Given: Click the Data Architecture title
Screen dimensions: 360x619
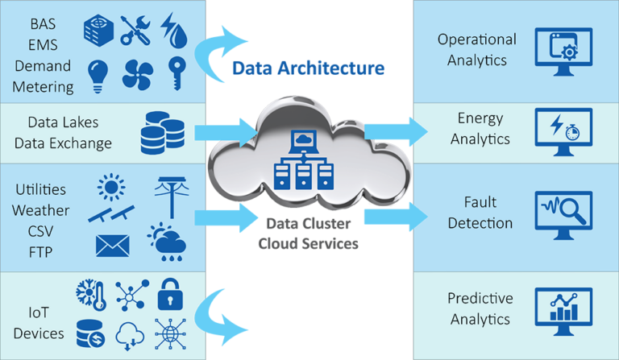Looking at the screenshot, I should click(x=308, y=68).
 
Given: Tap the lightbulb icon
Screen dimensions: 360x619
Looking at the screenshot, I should click(x=98, y=73).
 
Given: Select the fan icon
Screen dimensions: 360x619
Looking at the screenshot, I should click(x=137, y=74).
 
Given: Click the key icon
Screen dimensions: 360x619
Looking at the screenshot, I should click(x=175, y=73).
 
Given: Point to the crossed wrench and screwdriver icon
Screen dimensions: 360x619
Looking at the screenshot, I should click(x=136, y=29).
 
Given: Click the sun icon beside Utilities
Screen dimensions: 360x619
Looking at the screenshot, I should click(x=111, y=187).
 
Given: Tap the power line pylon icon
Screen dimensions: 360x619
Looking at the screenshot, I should click(x=170, y=190).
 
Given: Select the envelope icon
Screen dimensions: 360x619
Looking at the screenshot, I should click(x=112, y=245).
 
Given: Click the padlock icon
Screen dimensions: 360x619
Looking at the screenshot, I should click(x=171, y=294).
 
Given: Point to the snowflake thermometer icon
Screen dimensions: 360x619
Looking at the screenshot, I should click(x=91, y=296).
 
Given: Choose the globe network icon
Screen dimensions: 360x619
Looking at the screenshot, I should click(x=170, y=333).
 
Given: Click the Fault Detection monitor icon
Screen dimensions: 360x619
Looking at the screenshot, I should click(x=563, y=212).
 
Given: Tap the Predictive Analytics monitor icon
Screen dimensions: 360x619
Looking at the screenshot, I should click(x=563, y=309).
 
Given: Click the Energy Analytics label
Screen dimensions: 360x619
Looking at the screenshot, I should click(x=480, y=129).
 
